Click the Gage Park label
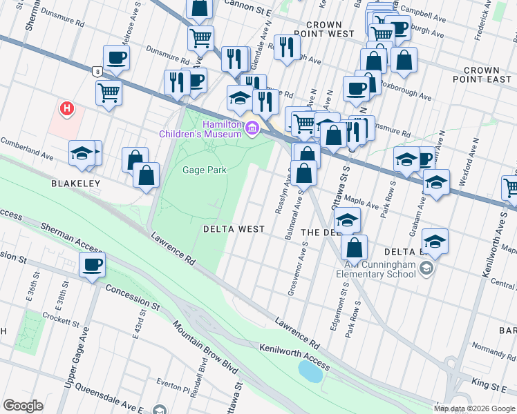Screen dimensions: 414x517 [204, 170]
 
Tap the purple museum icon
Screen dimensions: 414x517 [252, 128]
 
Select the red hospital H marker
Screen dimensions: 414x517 [67, 108]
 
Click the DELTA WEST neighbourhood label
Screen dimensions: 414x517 [233, 228]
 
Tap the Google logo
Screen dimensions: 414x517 [23, 405]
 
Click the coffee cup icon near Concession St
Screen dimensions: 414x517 [92, 264]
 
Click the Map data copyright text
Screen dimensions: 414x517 [473, 408]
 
